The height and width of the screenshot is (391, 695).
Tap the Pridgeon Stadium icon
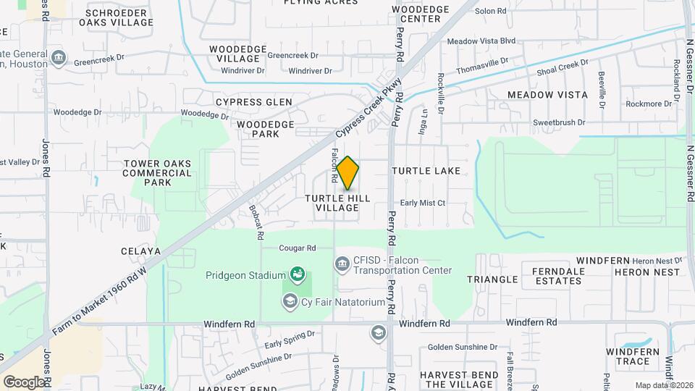[297, 274]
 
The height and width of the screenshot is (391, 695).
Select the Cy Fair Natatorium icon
[290, 300]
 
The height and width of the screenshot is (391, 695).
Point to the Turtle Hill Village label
[337, 203]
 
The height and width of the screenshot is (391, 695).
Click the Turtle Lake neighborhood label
[426, 171]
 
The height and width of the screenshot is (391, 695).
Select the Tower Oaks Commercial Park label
[158, 173]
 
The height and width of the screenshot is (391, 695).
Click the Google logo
[23, 382]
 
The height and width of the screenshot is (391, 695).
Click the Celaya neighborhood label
[141, 251]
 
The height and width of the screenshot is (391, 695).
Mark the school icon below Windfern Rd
[378, 333]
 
